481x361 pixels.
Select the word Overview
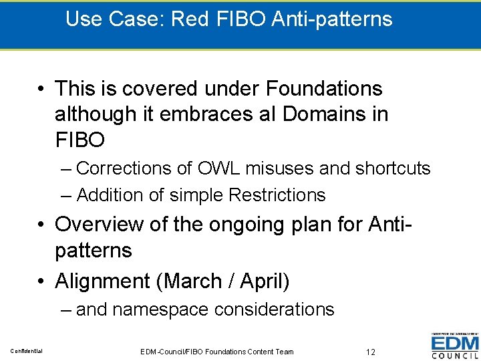point(99,224)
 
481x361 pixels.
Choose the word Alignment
point(102,281)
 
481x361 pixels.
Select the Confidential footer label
point(26,351)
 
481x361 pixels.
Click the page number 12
point(371,351)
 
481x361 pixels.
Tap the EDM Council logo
point(454,346)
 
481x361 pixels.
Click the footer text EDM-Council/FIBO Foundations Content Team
point(217,351)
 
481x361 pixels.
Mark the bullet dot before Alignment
point(41,282)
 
